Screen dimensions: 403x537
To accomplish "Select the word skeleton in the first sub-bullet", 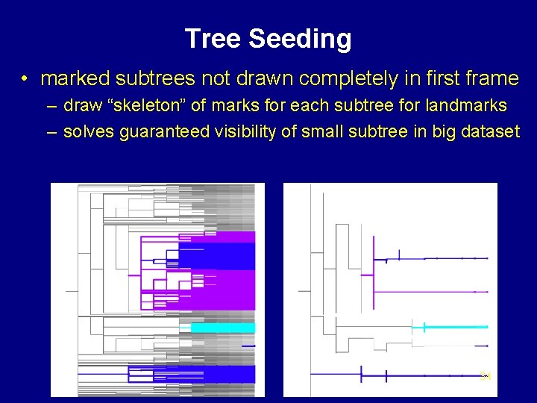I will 163,106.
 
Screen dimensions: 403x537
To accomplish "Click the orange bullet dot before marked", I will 25,79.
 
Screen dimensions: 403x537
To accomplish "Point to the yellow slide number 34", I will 486,375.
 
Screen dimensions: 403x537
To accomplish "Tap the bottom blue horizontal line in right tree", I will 433,374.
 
